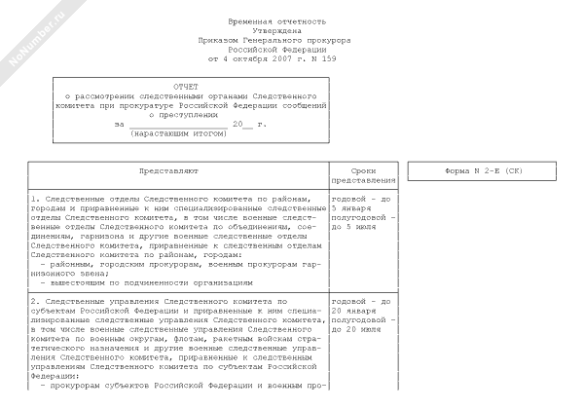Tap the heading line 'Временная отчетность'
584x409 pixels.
[x=277, y=20]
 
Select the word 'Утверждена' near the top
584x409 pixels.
[x=277, y=30]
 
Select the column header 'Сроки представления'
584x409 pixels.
[x=364, y=175]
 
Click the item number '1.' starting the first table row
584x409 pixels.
[x=36, y=199]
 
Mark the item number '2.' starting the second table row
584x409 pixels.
[x=36, y=301]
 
